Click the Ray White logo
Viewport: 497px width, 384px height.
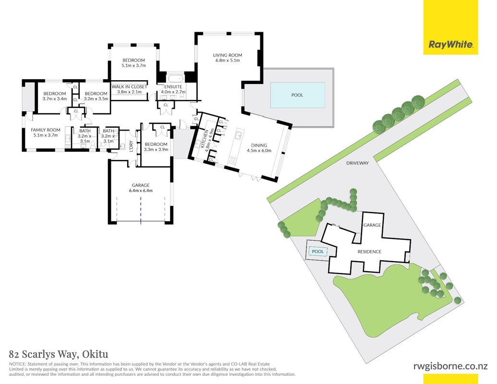[450, 45]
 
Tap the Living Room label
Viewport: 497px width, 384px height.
[227, 55]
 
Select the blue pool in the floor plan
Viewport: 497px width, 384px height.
[297, 95]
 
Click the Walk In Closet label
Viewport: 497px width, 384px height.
[129, 86]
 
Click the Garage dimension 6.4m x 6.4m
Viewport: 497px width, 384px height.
[141, 191]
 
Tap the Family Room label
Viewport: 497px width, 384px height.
[45, 130]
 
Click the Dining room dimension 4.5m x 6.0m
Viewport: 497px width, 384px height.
[259, 151]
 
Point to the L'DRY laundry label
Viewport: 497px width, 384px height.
[131, 146]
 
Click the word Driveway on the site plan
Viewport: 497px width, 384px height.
[358, 163]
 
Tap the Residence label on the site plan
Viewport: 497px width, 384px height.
[369, 252]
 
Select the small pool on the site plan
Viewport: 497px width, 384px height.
[317, 251]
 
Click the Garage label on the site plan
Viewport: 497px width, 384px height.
[372, 225]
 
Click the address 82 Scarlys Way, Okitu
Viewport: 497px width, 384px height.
[59, 354]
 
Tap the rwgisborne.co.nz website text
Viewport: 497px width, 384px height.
[450, 366]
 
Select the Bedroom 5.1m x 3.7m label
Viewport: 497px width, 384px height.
[133, 63]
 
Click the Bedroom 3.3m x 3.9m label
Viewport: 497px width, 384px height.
[156, 147]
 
